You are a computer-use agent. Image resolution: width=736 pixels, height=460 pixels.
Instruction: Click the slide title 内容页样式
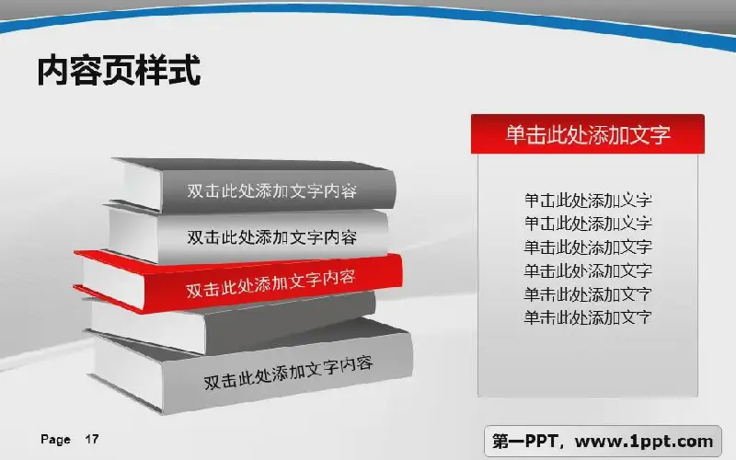[120, 70]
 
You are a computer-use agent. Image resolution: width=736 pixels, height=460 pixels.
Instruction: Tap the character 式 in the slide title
[185, 70]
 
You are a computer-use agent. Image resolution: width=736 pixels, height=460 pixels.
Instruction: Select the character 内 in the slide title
[53, 70]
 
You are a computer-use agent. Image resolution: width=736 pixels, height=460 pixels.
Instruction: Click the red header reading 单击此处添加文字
[588, 134]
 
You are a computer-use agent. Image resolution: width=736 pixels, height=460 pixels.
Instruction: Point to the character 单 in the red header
[515, 134]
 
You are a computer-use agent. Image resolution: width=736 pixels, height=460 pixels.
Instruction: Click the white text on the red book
[270, 283]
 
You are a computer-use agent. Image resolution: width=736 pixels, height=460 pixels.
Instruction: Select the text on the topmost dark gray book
[271, 191]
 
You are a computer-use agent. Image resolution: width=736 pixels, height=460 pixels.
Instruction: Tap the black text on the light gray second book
[271, 237]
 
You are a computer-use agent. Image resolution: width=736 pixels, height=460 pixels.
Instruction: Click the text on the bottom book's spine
[288, 373]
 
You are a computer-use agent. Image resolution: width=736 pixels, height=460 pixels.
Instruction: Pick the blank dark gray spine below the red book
[290, 321]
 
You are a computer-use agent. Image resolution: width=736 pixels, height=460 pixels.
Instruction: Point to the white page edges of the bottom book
[128, 372]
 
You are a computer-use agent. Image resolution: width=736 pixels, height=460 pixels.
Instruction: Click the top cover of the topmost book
[254, 165]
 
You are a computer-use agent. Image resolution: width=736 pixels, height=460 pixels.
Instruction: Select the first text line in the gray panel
[588, 201]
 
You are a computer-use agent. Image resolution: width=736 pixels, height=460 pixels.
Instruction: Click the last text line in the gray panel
[588, 317]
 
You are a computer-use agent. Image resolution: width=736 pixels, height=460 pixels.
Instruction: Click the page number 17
[92, 440]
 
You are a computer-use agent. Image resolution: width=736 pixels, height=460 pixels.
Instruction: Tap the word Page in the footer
[55, 440]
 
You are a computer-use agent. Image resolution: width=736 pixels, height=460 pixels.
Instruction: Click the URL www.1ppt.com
[644, 442]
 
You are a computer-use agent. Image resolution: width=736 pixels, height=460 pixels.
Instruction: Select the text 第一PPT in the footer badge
[524, 442]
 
